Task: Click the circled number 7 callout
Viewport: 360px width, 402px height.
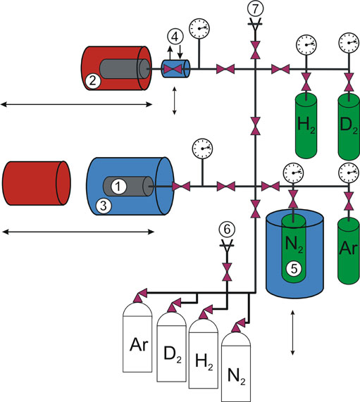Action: tap(255, 8)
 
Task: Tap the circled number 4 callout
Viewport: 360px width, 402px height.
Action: tap(175, 37)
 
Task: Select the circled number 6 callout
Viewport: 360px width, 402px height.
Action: tap(227, 230)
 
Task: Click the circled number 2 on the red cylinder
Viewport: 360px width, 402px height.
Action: tap(92, 81)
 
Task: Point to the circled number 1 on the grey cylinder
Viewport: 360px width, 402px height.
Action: tap(118, 187)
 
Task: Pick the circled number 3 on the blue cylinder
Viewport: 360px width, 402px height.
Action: tap(103, 206)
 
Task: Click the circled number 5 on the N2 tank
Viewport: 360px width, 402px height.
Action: tap(294, 269)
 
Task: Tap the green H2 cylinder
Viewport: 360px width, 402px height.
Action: tap(306, 125)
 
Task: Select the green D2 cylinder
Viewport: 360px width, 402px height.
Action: tap(349, 127)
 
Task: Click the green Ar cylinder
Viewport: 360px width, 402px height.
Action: tap(348, 251)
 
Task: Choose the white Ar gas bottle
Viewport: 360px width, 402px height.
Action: tap(137, 337)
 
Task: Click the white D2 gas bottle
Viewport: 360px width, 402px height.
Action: tap(171, 346)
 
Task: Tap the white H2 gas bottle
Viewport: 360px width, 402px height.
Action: tap(204, 353)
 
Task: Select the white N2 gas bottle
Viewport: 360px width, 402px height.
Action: tap(236, 367)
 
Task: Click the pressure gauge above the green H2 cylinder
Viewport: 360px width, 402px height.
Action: tap(306, 44)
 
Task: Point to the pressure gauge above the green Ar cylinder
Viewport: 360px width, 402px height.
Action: tap(349, 172)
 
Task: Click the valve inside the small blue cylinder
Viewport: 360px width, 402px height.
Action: tap(173, 69)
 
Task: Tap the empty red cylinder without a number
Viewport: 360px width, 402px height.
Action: tap(37, 183)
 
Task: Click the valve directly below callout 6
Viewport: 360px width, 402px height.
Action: tap(227, 272)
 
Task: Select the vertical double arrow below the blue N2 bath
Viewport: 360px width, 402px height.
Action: tap(292, 333)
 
